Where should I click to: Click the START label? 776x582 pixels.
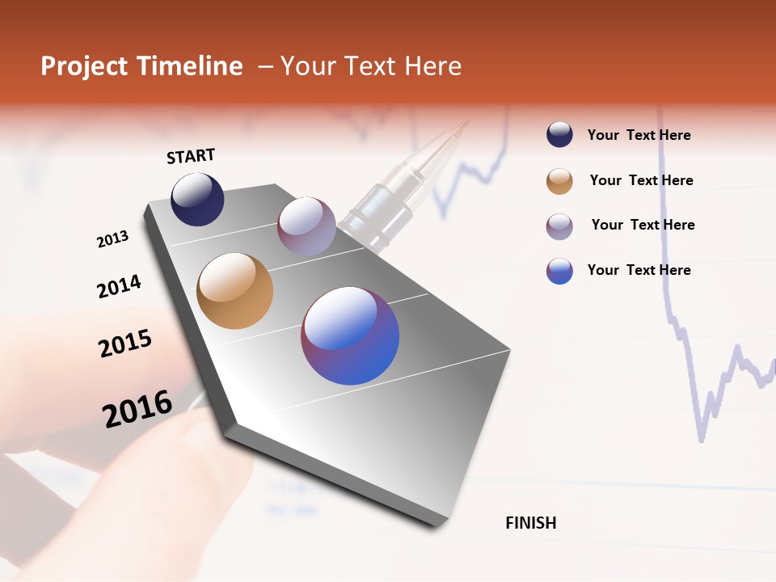[191, 156]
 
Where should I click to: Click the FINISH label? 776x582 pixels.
[531, 523]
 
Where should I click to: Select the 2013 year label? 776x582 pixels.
[112, 239]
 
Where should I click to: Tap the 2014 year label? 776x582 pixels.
[119, 286]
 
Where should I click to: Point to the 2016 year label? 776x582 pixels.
[137, 409]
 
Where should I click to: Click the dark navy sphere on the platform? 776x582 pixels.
[197, 199]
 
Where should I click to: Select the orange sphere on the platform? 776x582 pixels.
[234, 291]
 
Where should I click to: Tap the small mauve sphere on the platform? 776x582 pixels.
[306, 226]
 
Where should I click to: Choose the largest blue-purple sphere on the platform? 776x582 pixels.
[350, 335]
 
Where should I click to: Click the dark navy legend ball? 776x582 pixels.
[559, 135]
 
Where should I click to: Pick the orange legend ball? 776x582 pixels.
[559, 181]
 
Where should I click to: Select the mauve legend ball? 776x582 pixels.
[559, 226]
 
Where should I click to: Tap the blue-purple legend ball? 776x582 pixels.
[559, 271]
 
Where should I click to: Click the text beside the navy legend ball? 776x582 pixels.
[639, 135]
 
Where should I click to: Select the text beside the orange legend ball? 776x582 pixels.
[641, 180]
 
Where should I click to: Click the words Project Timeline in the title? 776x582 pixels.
[141, 66]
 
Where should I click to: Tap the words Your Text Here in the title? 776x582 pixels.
[371, 66]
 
